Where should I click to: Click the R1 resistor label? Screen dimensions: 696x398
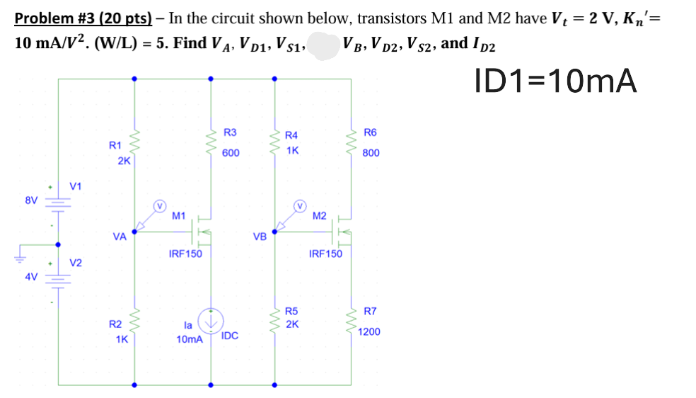pyautogui.click(x=115, y=144)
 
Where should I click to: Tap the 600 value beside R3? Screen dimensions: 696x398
pyautogui.click(x=231, y=153)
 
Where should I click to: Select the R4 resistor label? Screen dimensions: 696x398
pyautogui.click(x=291, y=135)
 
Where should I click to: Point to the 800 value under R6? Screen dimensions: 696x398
pyautogui.click(x=371, y=153)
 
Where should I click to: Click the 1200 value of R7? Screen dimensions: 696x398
pyautogui.click(x=369, y=331)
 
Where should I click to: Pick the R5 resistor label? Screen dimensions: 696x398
pyautogui.click(x=291, y=311)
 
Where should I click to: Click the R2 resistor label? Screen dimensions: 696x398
pyautogui.click(x=115, y=324)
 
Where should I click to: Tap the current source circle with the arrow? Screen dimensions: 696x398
pyautogui.click(x=211, y=321)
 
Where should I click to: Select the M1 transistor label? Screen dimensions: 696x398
pyautogui.click(x=179, y=216)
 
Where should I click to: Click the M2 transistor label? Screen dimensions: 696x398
pyautogui.click(x=320, y=216)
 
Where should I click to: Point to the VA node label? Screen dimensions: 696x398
pyautogui.click(x=120, y=237)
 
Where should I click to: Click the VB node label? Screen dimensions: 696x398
pyautogui.click(x=260, y=237)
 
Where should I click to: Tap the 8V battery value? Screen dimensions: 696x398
pyautogui.click(x=31, y=200)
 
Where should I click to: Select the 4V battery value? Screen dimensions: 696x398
pyautogui.click(x=31, y=277)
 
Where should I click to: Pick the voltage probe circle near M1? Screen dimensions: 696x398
pyautogui.click(x=160, y=206)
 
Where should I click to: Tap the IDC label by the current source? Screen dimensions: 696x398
pyautogui.click(x=229, y=336)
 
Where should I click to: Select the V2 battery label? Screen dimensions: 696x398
pyautogui.click(x=76, y=263)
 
